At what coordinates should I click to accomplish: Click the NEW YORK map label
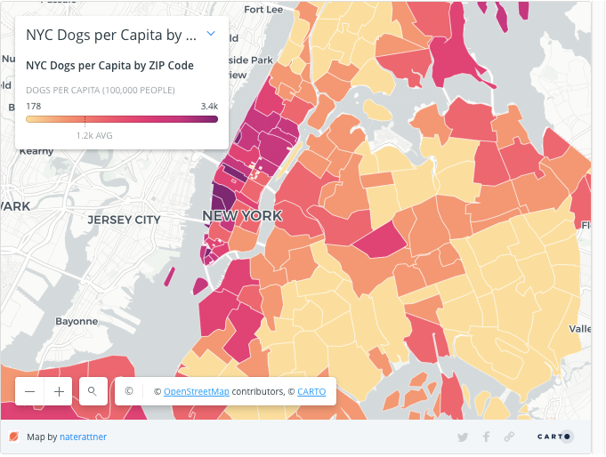[242, 216]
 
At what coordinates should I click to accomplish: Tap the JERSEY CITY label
[124, 220]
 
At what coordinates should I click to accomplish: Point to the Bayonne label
[76, 321]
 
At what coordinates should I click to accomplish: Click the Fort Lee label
[263, 10]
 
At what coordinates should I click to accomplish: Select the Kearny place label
[37, 151]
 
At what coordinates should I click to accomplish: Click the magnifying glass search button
[92, 391]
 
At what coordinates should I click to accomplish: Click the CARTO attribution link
[311, 391]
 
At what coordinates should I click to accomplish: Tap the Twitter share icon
[463, 437]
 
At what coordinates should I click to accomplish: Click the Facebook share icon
[486, 437]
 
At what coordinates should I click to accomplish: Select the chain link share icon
[509, 437]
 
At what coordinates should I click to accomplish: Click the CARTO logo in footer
[556, 437]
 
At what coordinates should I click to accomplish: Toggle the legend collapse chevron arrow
[211, 34]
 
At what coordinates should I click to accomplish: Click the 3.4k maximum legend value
[209, 106]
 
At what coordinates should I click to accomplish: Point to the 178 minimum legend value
[34, 106]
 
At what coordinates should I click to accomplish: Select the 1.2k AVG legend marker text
[93, 135]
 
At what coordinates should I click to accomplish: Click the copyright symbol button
[129, 391]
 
